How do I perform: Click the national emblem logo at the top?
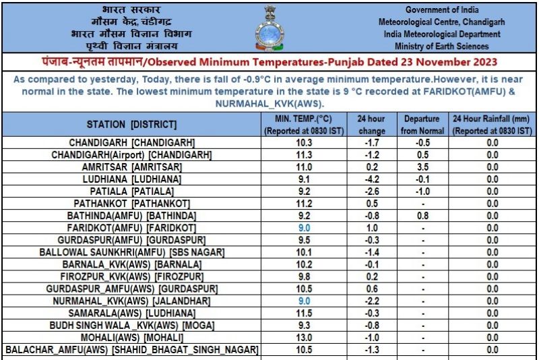click(268, 28)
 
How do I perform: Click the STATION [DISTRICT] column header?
click(132, 125)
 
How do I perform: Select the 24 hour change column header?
click(371, 125)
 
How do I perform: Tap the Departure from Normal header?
click(422, 125)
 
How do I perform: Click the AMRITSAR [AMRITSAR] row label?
click(132, 167)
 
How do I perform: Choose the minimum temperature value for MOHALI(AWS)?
click(305, 338)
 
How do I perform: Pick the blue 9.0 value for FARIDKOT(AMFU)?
click(305, 228)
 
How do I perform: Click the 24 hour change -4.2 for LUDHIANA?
click(371, 179)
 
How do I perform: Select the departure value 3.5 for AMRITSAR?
click(422, 167)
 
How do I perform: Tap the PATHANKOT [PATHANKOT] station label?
click(132, 204)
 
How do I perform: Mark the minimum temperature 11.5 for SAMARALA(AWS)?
click(305, 313)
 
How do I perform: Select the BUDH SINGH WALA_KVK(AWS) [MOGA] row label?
click(132, 326)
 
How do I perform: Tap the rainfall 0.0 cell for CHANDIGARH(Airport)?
click(493, 155)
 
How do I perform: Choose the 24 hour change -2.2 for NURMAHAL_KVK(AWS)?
click(371, 301)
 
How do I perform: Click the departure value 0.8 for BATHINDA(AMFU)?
click(422, 216)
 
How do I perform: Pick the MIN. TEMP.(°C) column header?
click(305, 125)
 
